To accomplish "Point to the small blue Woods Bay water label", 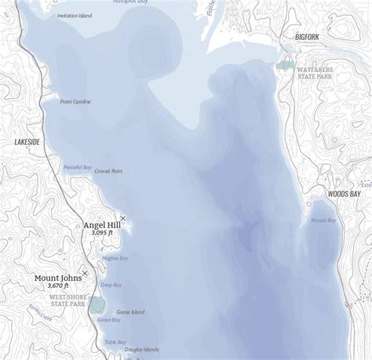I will coord(323,220).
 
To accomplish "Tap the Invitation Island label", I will coord(74,16).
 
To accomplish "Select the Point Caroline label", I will coord(76,102).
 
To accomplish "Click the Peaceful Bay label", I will coord(78,167).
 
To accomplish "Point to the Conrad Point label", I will coord(108,171).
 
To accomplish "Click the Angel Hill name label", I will coord(100,225).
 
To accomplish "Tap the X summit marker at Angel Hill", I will coord(122,218).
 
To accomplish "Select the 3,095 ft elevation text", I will coord(102,233).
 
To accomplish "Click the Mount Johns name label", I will coord(58,278).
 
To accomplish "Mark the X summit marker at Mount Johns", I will coord(85,273).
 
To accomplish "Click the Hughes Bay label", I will coord(115,257).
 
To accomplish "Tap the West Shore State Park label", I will coord(67,301).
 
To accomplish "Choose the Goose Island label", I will coord(130,312).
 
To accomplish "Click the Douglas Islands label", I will coord(141,349).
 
